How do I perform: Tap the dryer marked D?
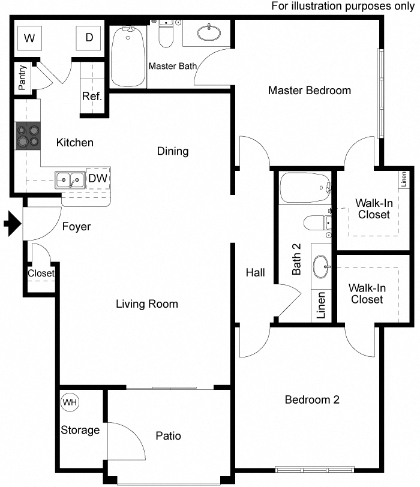coord(89,38)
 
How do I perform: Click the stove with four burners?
coord(28,136)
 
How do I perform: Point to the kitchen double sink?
coord(70,179)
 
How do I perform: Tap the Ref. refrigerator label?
coord(92,96)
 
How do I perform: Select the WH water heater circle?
coord(70,402)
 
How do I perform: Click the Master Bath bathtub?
coord(128,57)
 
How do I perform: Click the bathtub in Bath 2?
coord(305,188)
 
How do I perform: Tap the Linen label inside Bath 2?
coord(321,305)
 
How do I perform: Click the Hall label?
coord(255,273)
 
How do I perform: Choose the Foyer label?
coord(76,227)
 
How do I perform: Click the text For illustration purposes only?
coord(343,6)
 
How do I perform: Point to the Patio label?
coord(167,436)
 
